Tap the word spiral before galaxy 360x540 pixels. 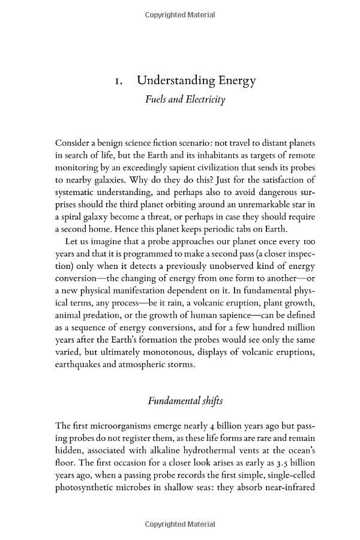tap(71, 216)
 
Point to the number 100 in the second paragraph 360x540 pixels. tap(308, 241)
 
